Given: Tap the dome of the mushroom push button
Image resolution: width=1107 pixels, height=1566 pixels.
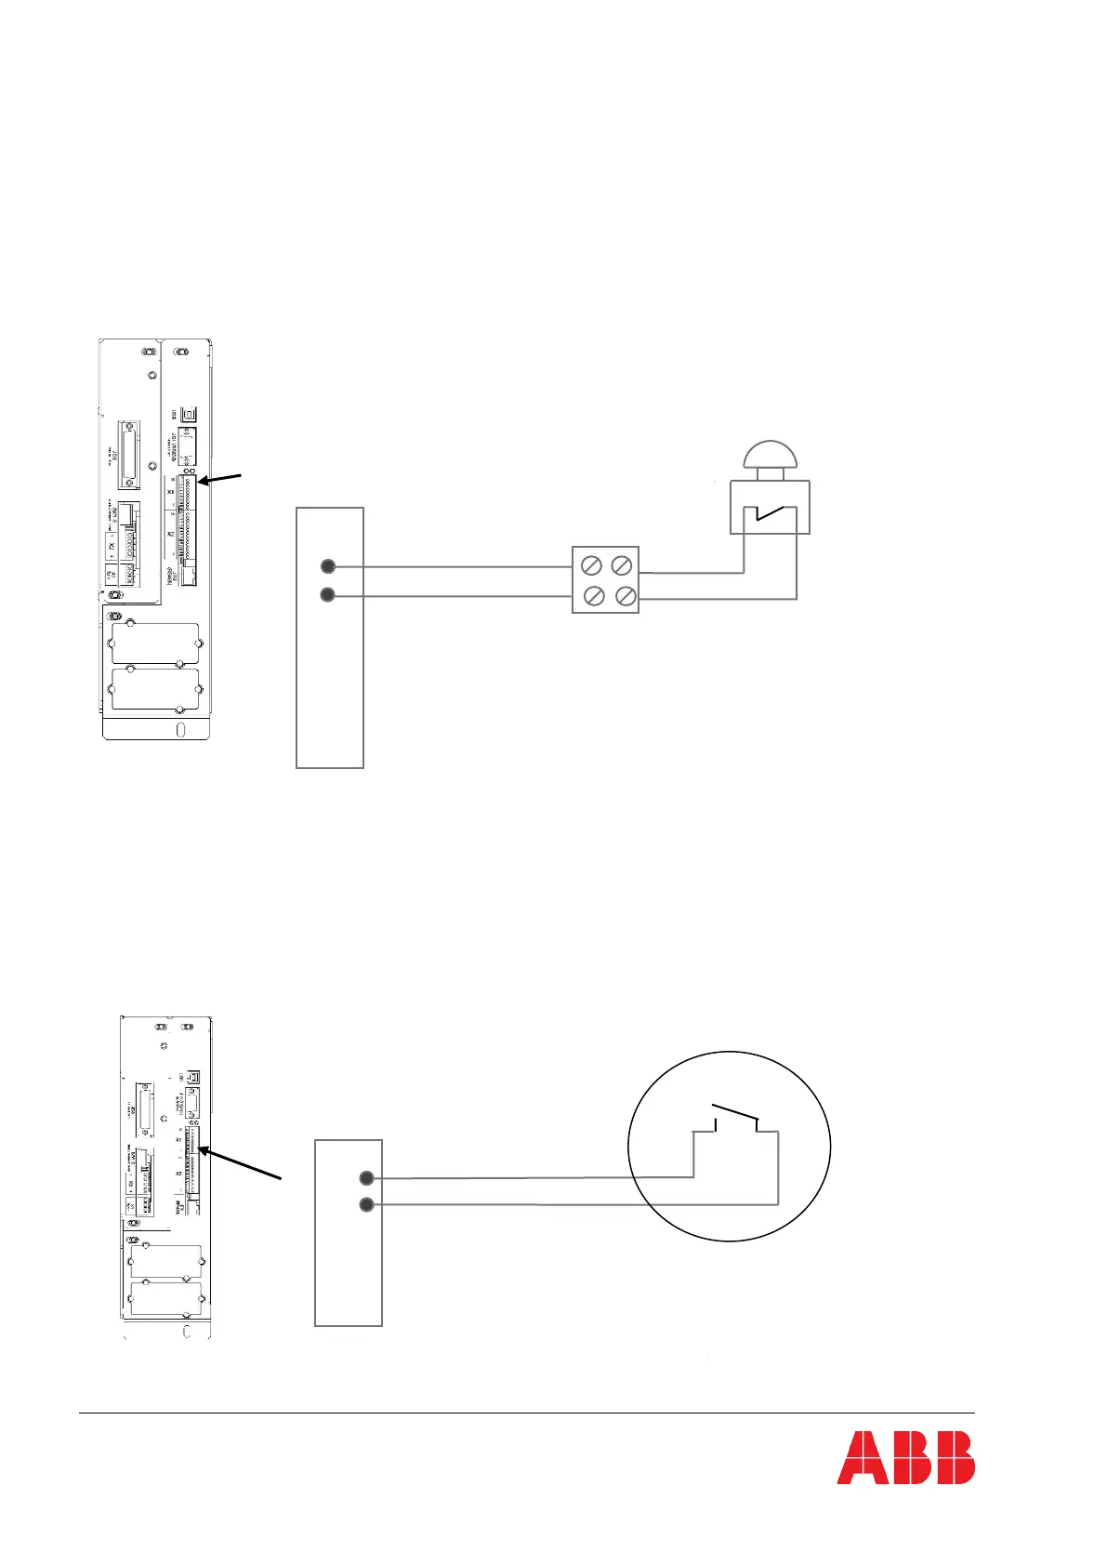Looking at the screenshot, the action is click(770, 456).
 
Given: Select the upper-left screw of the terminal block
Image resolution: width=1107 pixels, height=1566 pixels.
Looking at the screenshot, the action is click(590, 565).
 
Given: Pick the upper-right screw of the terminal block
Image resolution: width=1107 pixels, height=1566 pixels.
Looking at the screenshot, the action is click(622, 564).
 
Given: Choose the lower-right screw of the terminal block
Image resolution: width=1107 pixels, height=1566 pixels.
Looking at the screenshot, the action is click(626, 596).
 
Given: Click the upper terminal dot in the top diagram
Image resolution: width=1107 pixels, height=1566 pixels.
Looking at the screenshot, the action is click(327, 565).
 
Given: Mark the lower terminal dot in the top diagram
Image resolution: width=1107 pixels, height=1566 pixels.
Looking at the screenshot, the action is click(327, 594).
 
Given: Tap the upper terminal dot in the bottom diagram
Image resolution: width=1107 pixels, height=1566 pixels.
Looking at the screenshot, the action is click(366, 1178).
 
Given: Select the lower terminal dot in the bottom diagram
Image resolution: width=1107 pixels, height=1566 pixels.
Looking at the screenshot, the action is click(366, 1205).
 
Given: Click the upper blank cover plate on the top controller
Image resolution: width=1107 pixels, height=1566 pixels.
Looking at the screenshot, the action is click(155, 643).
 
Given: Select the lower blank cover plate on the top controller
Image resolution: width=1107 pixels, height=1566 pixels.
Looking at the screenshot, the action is click(155, 689).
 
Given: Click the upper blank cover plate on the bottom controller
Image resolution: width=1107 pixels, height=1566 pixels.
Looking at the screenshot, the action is click(166, 1261).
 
